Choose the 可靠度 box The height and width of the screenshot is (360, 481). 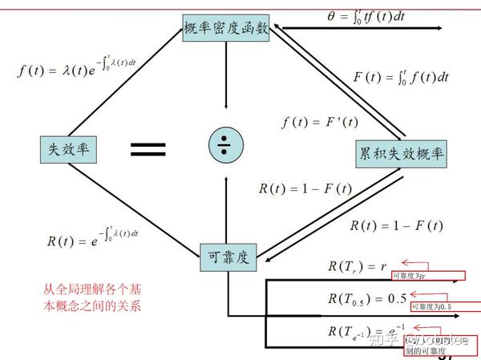click(x=228, y=257)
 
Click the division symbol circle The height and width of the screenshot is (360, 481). click(x=226, y=144)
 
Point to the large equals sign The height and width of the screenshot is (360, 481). click(x=148, y=148)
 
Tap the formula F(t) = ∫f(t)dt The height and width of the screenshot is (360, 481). click(x=400, y=77)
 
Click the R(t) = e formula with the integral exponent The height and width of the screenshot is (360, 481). click(x=94, y=238)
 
